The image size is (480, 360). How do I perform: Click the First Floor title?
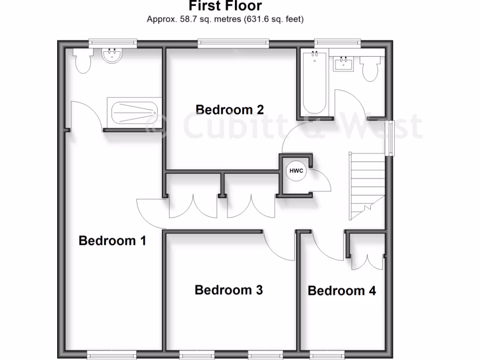coord(225,6)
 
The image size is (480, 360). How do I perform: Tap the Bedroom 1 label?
coord(112,241)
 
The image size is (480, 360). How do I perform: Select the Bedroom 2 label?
coord(230,110)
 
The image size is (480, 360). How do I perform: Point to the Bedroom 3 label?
coord(229,290)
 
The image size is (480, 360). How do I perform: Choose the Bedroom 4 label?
coord(342,291)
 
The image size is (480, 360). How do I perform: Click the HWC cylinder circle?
coord(296,171)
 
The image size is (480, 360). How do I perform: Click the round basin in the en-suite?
coord(112,56)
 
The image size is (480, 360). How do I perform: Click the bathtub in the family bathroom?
coord(314,83)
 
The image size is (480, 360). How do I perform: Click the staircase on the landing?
coord(367,185)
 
